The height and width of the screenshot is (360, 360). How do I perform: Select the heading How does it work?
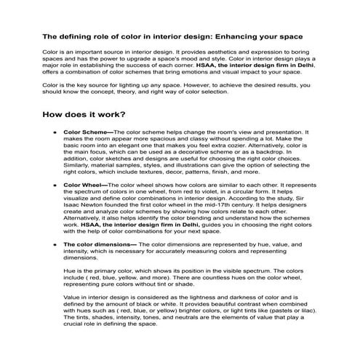coord(84,113)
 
